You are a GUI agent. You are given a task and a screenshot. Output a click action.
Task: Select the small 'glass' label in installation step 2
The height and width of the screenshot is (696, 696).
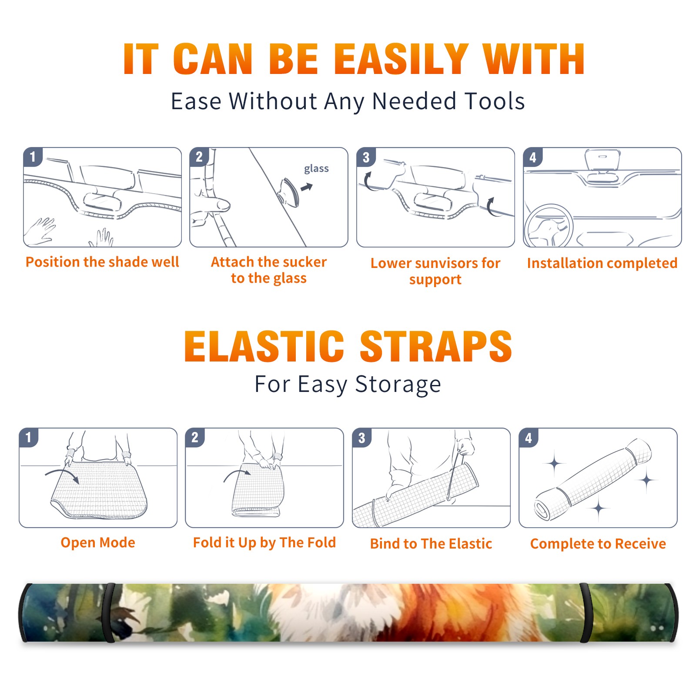[x=316, y=169]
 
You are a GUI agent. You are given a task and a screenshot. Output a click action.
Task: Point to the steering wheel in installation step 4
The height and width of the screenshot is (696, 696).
[x=549, y=226]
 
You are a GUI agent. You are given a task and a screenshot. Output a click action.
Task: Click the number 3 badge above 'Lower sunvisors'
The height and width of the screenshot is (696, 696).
[x=366, y=157]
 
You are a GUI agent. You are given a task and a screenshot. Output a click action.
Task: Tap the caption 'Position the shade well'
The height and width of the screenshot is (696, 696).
[x=102, y=262]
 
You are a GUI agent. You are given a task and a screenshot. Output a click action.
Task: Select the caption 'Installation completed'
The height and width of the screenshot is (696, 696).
[x=602, y=263]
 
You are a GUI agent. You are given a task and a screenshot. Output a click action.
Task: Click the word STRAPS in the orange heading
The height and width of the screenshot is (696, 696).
[x=436, y=346]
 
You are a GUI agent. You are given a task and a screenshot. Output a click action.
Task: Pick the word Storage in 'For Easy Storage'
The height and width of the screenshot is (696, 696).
[x=398, y=385]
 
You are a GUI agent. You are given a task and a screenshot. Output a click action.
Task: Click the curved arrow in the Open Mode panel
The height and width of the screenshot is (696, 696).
[x=62, y=475]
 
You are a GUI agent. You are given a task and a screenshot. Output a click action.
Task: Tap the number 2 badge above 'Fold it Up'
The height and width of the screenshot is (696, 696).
[x=195, y=438]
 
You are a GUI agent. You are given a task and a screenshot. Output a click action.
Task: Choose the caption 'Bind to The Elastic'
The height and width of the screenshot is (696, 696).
[x=431, y=544]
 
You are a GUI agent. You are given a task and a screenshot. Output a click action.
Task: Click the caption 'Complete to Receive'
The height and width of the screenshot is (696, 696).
[x=598, y=544]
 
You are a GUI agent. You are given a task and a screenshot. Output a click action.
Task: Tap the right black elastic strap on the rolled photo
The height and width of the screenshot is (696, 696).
[x=586, y=612]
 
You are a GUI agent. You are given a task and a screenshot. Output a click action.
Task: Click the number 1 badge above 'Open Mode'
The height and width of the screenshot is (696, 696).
[x=29, y=438]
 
